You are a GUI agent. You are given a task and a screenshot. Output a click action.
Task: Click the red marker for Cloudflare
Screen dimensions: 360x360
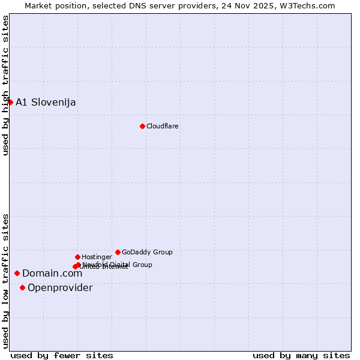point(142,126)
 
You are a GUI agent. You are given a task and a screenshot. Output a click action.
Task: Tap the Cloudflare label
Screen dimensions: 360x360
point(162,126)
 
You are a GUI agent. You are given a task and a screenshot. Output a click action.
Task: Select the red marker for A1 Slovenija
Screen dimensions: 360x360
point(10,102)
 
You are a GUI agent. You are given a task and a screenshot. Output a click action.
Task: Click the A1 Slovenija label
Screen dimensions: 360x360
point(46,102)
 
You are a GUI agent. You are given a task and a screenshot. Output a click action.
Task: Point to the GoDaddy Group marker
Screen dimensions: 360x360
point(118,252)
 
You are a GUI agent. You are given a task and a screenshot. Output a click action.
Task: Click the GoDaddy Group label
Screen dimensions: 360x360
point(147,252)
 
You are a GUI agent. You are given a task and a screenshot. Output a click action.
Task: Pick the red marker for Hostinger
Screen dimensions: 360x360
point(77,257)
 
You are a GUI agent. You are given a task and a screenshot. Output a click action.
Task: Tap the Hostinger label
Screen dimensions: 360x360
point(97,257)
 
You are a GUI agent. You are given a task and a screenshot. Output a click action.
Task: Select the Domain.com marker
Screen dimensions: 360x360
point(17,273)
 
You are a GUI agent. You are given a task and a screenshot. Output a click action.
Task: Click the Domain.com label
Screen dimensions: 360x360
point(52,274)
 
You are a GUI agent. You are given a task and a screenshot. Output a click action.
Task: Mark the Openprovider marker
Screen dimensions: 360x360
point(22,287)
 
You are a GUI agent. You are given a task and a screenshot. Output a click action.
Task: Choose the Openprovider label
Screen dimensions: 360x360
point(60,288)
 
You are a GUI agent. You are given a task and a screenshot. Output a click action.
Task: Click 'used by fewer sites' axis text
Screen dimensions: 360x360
point(62,355)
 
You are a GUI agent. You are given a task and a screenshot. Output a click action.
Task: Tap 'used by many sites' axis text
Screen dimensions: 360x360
point(301,355)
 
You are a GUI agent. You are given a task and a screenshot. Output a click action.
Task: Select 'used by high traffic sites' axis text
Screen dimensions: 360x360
point(5,85)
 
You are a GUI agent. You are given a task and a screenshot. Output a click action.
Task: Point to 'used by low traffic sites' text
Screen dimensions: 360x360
point(5,281)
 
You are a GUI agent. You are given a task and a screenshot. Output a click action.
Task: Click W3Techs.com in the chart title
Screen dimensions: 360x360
point(307,5)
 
